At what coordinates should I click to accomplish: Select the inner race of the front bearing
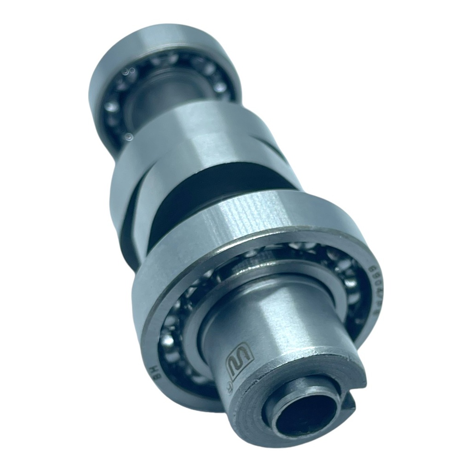pyautogui.click(x=203, y=313)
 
